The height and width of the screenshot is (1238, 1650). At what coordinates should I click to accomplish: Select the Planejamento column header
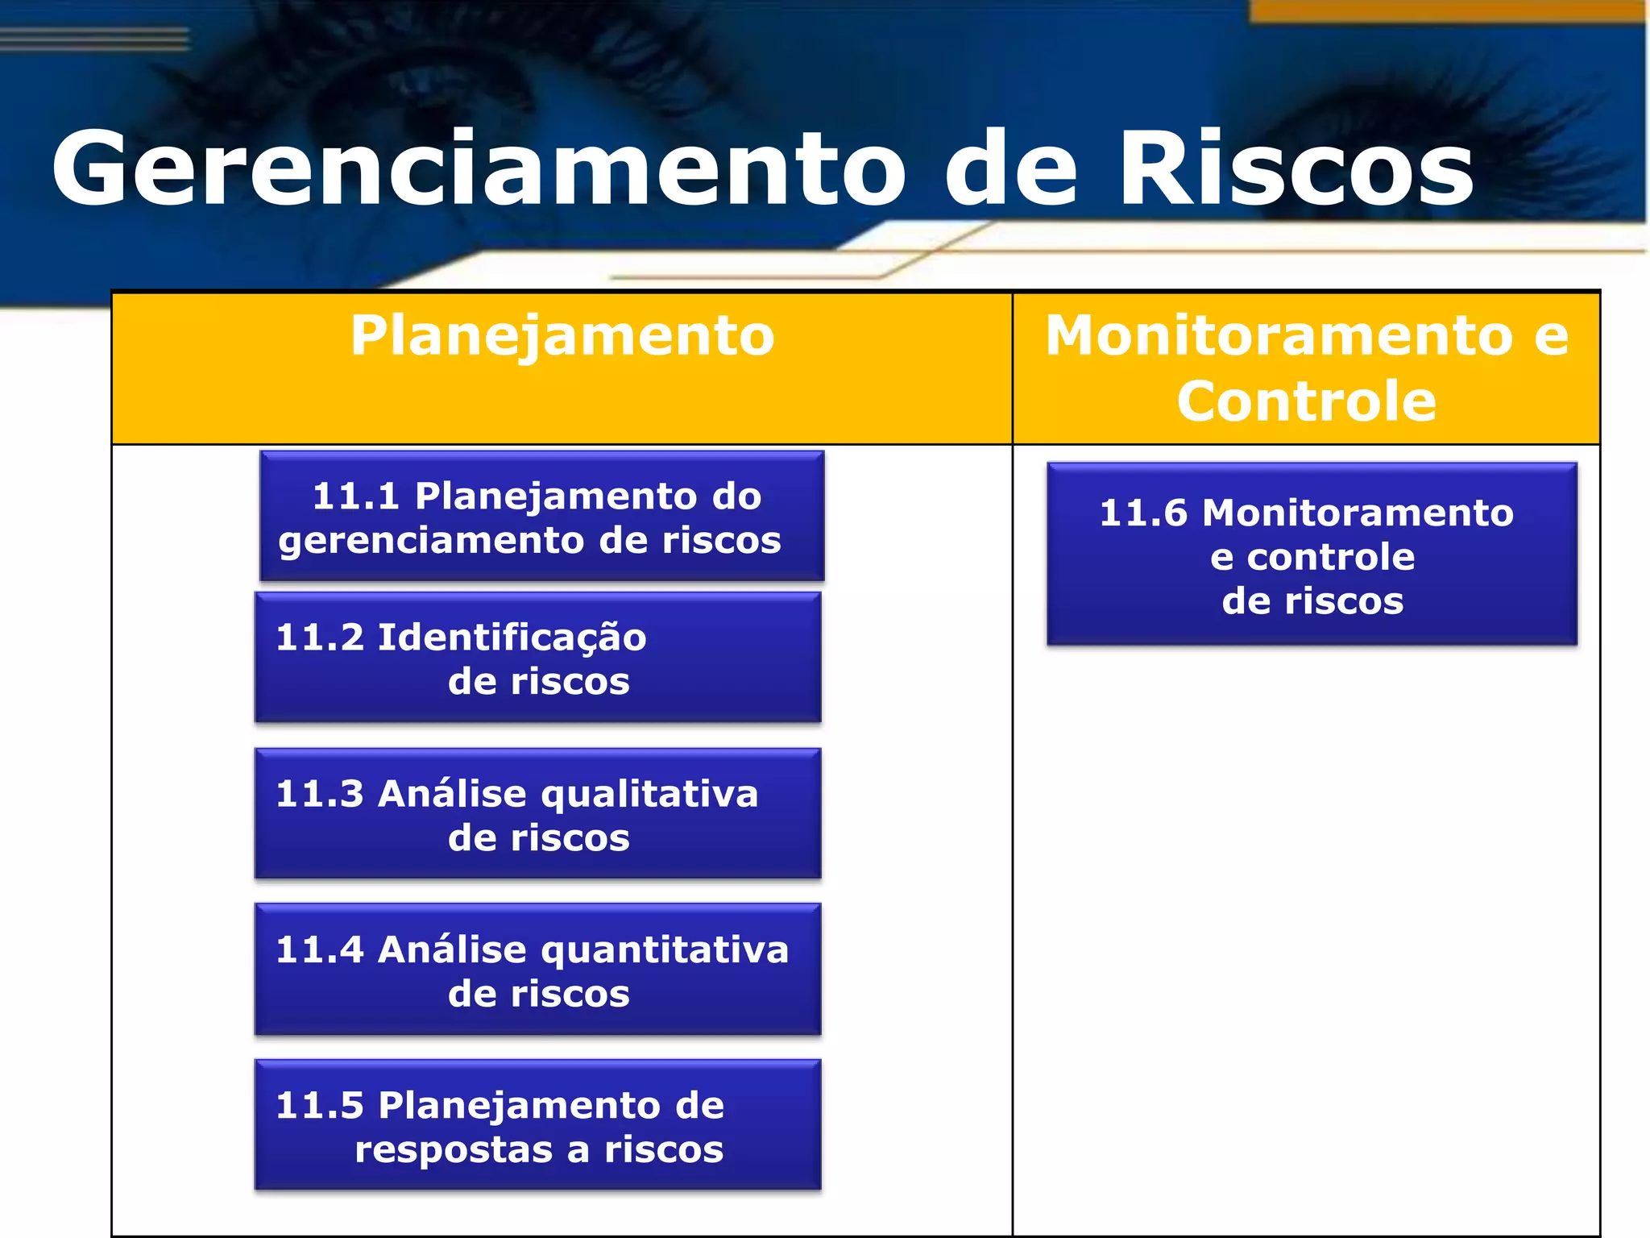pos(562,336)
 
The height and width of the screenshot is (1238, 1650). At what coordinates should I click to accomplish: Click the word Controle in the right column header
pos(1306,401)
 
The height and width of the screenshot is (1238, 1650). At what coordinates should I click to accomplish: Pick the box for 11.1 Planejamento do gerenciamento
pos(541,517)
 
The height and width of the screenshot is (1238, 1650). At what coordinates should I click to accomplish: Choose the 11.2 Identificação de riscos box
pos(537,658)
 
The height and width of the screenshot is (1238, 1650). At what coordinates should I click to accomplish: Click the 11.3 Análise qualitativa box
pos(537,814)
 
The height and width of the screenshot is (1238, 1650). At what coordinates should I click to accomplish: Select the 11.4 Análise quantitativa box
pos(537,970)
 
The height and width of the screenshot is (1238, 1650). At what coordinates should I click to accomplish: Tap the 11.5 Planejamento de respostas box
pos(537,1125)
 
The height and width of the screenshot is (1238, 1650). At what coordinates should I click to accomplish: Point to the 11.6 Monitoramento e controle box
pos(1312,555)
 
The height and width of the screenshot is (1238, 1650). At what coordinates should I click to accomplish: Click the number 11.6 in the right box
pos(1143,513)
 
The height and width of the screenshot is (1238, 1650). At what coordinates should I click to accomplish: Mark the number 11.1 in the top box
pos(355,496)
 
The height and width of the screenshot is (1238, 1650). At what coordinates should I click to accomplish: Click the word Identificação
pos(512,638)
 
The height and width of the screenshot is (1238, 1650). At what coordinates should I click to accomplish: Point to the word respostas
pos(454,1149)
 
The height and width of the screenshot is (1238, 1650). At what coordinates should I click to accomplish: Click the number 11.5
pos(320,1106)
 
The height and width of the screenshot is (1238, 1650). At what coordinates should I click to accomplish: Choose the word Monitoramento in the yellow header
pos(1279,336)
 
